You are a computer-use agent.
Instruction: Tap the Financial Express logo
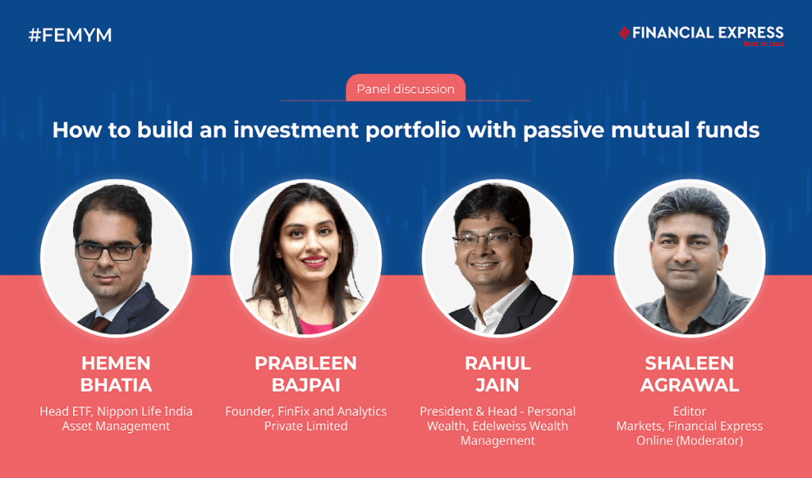point(702,34)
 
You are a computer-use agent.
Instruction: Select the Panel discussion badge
point(406,89)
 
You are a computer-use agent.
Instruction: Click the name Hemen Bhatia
point(116,374)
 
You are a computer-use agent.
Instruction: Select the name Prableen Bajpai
point(306,374)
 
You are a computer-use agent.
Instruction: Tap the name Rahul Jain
point(498,374)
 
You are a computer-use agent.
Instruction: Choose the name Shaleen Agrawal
point(689,374)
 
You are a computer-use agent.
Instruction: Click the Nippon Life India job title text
point(116,418)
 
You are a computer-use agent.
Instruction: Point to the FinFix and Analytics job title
point(306,418)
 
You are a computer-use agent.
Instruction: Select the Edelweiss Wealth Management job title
point(498,426)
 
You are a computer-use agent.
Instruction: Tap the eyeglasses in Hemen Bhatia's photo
point(116,252)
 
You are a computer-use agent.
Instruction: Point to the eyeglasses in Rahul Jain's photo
point(486,237)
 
